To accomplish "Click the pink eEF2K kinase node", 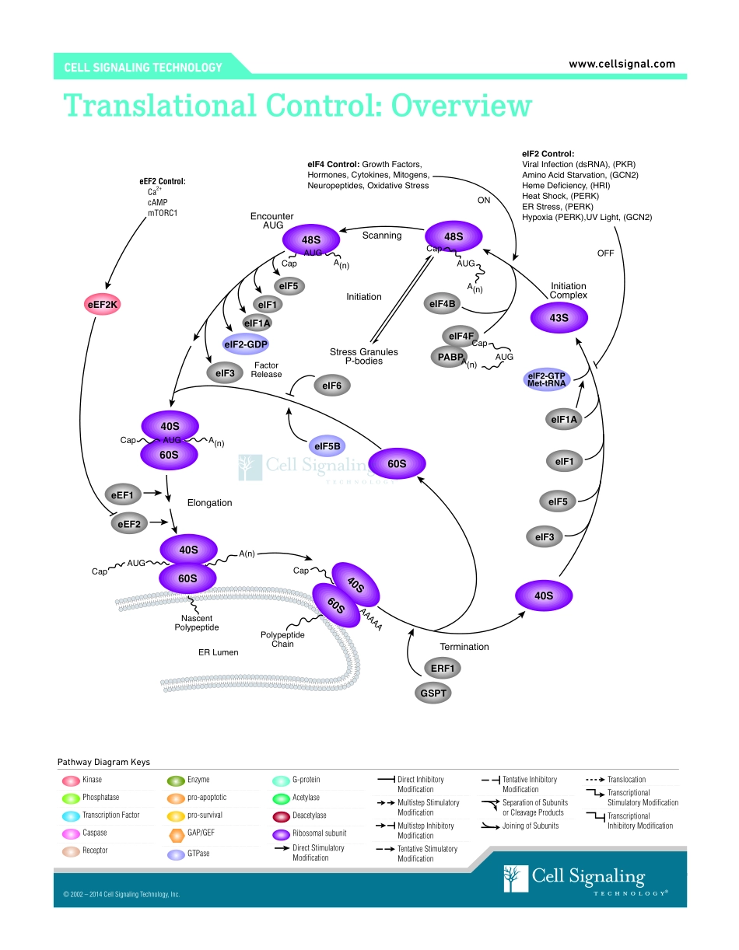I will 103,305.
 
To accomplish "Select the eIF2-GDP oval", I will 246,344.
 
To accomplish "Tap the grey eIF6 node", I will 332,385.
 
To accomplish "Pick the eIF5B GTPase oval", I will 327,445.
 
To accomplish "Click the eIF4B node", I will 442,304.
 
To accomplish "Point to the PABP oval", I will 447,356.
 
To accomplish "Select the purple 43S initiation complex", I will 559,318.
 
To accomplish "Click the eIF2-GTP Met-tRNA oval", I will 546,379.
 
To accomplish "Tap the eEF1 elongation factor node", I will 123,494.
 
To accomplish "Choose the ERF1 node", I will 443,668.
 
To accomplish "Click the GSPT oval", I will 433,692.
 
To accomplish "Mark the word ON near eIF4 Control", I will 484,200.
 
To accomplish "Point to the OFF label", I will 605,253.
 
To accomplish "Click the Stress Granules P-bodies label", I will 363,356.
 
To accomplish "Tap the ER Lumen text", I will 219,652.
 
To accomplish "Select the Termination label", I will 464,647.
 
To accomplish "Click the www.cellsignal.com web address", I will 622,65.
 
